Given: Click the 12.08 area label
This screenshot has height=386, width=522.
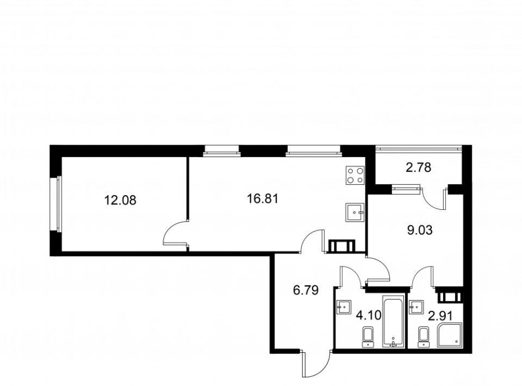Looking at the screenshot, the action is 120,200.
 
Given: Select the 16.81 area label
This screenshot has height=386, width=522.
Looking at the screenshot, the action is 262,198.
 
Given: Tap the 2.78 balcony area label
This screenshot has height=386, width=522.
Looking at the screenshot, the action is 418,167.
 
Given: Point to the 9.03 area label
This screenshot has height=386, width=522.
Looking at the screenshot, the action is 420,230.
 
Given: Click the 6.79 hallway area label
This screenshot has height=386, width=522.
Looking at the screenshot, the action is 306,290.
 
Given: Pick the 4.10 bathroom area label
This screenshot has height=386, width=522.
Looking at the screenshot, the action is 369,315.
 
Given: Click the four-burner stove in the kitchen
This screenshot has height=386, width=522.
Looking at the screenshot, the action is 355,176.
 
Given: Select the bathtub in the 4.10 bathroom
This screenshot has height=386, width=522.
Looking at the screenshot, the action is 393,321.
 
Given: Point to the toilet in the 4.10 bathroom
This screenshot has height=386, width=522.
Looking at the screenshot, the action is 368,337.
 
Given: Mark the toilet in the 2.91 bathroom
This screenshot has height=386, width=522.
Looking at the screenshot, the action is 424,337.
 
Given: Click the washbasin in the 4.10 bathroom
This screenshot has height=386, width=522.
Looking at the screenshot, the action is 343,307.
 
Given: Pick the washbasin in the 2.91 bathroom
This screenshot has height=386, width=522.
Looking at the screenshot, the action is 417,307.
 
